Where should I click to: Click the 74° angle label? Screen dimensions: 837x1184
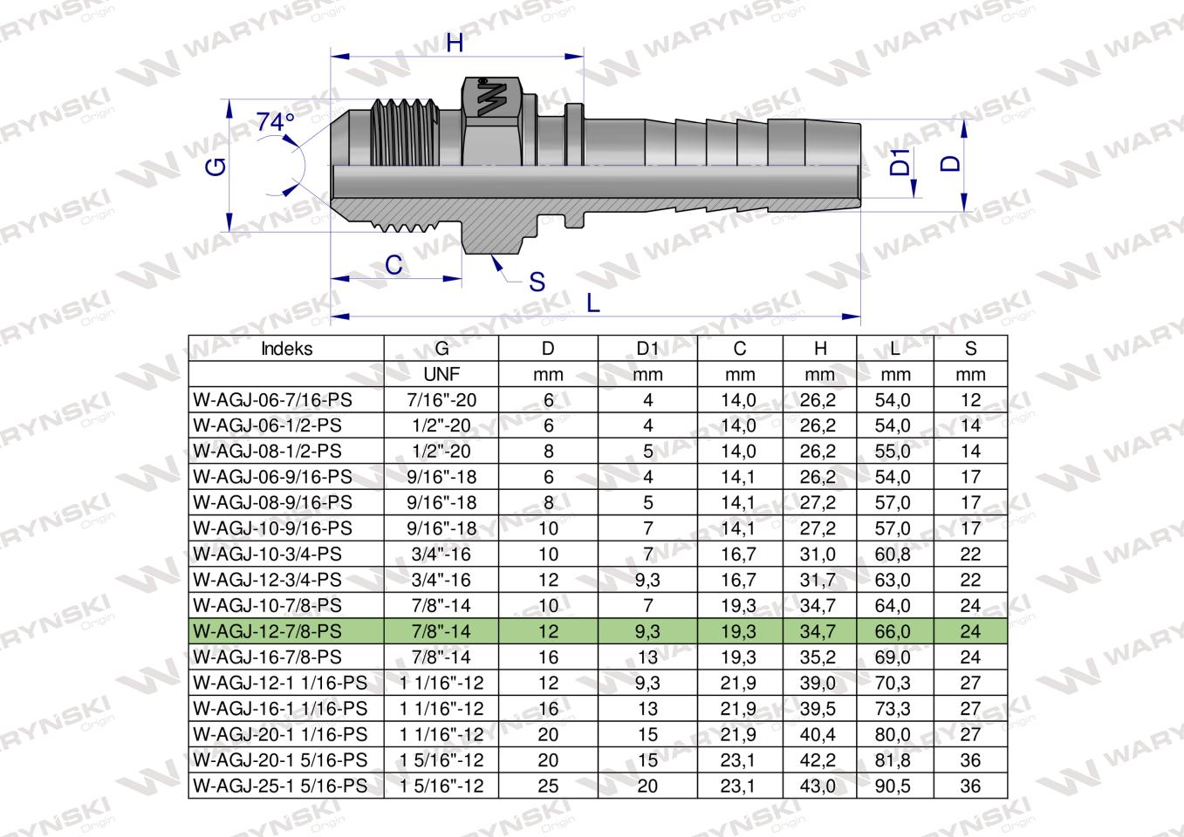[x=276, y=123]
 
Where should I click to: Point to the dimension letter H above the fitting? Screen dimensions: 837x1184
[x=455, y=43]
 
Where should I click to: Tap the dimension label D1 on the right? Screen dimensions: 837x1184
[x=899, y=162]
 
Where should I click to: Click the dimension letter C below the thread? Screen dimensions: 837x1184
[x=394, y=265]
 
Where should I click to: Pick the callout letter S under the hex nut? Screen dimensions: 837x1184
[x=537, y=282]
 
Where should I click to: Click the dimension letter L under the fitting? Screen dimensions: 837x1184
[x=592, y=303]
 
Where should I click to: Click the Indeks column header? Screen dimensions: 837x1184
[x=286, y=349]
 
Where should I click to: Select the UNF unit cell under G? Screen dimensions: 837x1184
[x=441, y=375]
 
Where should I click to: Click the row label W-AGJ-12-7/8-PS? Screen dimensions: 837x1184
[x=268, y=631]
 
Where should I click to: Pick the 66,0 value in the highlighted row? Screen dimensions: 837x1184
[x=895, y=631]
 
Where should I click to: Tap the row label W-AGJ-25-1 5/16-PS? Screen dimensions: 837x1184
[x=280, y=786]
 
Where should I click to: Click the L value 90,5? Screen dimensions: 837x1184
[x=895, y=786]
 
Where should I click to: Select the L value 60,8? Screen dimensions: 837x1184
[x=895, y=555]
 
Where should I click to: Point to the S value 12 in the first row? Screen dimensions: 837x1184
[x=970, y=401]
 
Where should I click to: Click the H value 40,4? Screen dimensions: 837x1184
[x=819, y=734]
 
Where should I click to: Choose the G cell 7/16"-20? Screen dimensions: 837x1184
[x=441, y=401]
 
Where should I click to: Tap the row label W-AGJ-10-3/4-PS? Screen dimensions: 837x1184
[x=268, y=555]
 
